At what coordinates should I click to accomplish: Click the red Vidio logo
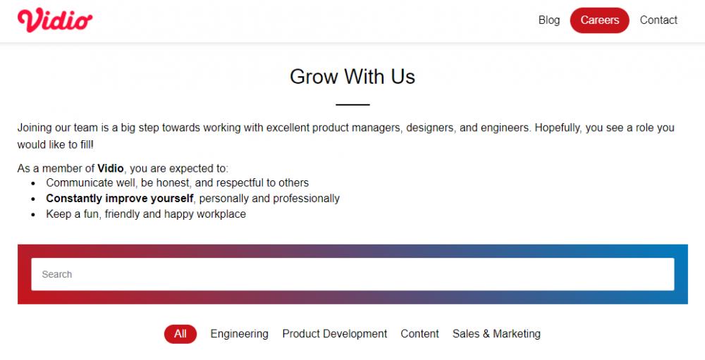[55, 20]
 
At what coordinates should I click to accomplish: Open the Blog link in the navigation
[549, 20]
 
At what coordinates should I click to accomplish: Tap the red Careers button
[599, 20]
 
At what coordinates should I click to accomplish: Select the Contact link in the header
[658, 20]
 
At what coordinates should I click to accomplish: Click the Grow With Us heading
[352, 76]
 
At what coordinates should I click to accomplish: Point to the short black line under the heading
[352, 105]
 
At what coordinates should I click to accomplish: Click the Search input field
[352, 274]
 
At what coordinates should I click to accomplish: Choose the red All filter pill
[180, 334]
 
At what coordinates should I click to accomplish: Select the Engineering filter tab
[239, 334]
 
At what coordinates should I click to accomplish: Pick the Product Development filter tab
[334, 334]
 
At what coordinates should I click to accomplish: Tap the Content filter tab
[419, 334]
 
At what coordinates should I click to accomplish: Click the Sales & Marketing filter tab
[496, 334]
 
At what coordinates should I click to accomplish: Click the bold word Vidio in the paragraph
[110, 168]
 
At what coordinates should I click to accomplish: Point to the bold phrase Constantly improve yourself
[120, 199]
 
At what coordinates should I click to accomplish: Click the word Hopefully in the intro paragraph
[558, 128]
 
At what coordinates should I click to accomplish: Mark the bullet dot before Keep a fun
[33, 215]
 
